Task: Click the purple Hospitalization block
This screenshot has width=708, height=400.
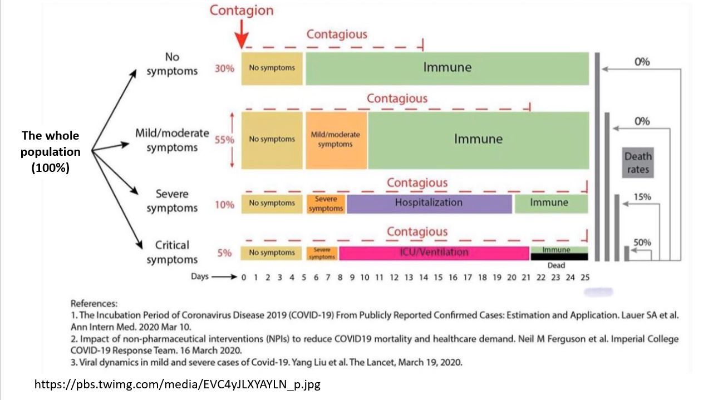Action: [429, 203]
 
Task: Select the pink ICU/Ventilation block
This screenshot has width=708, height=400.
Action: [434, 253]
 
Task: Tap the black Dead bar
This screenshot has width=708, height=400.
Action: [558, 257]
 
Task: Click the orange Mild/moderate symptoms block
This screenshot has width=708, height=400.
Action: [336, 140]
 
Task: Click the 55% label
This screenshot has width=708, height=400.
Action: [225, 140]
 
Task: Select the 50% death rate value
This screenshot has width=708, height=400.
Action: [642, 243]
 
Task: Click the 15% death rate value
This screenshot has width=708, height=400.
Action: [642, 197]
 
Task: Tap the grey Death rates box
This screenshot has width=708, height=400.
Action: [637, 162]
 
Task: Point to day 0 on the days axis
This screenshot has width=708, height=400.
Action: [243, 277]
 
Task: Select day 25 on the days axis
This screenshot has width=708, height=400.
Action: [584, 277]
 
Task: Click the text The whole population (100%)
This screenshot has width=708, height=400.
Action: [50, 152]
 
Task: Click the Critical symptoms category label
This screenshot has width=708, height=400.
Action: [172, 253]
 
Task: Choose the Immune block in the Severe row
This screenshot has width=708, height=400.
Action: [550, 203]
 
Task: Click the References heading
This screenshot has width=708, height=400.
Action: [94, 304]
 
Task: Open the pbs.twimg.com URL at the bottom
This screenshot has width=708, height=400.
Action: [177, 384]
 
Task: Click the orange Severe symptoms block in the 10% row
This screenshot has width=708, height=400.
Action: [326, 204]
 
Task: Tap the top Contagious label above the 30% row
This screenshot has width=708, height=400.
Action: [337, 34]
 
